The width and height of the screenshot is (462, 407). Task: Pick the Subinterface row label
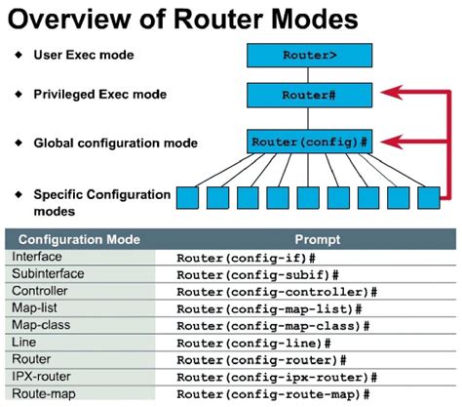point(47,274)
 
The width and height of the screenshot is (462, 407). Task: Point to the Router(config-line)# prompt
point(253,343)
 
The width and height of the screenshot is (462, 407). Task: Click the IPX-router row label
point(42,376)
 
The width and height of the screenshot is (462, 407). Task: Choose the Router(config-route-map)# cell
point(273,393)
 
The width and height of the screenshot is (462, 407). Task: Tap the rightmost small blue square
point(428,199)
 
